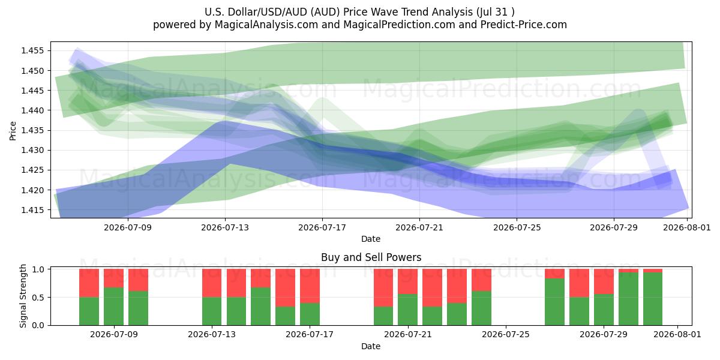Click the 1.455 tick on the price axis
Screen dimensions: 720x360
click(32, 51)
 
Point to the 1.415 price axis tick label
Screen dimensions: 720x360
click(32, 210)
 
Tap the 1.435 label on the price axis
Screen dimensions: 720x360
click(32, 131)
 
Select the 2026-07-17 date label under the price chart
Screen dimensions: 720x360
click(322, 227)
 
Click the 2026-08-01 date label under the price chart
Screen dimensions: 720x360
click(687, 227)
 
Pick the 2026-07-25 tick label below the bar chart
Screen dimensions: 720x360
click(506, 334)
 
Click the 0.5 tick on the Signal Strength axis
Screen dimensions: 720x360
click(38, 298)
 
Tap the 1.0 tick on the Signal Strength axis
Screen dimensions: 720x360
click(38, 269)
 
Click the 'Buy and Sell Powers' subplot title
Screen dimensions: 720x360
click(371, 257)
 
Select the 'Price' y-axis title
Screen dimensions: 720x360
click(13, 131)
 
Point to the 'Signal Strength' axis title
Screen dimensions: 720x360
click(23, 296)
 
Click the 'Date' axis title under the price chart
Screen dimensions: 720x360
click(371, 239)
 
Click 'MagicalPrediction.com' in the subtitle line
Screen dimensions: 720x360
click(399, 25)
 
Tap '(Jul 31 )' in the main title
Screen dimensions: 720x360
click(496, 12)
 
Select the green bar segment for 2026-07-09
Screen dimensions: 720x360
click(114, 307)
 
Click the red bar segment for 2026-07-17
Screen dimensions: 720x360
click(310, 286)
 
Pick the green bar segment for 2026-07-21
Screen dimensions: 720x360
click(407, 310)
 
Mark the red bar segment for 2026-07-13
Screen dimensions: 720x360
click(212, 283)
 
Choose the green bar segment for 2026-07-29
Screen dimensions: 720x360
click(604, 310)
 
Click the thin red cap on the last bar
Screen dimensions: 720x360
click(653, 271)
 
